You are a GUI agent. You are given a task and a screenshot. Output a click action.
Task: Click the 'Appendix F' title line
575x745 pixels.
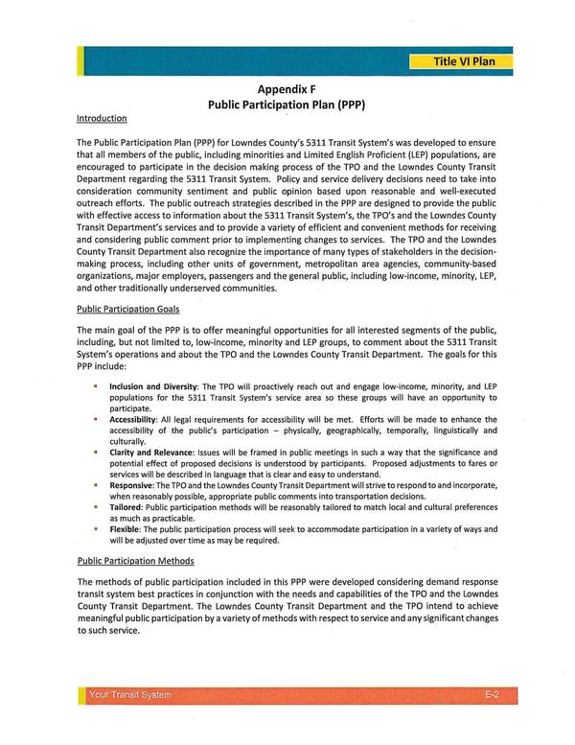tap(287, 85)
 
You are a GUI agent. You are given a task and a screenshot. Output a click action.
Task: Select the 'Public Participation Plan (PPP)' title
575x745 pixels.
tap(287, 103)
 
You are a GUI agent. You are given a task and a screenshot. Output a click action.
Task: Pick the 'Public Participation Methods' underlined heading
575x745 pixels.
tap(135, 561)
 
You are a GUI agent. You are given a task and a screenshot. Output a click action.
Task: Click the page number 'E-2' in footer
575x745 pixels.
tap(490, 695)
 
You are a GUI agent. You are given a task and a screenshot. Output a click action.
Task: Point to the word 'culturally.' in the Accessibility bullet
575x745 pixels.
tap(127, 441)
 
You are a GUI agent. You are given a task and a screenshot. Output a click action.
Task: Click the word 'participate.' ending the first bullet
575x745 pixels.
tap(130, 407)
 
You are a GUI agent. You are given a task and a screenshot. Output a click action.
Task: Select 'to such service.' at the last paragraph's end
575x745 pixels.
tap(107, 631)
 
